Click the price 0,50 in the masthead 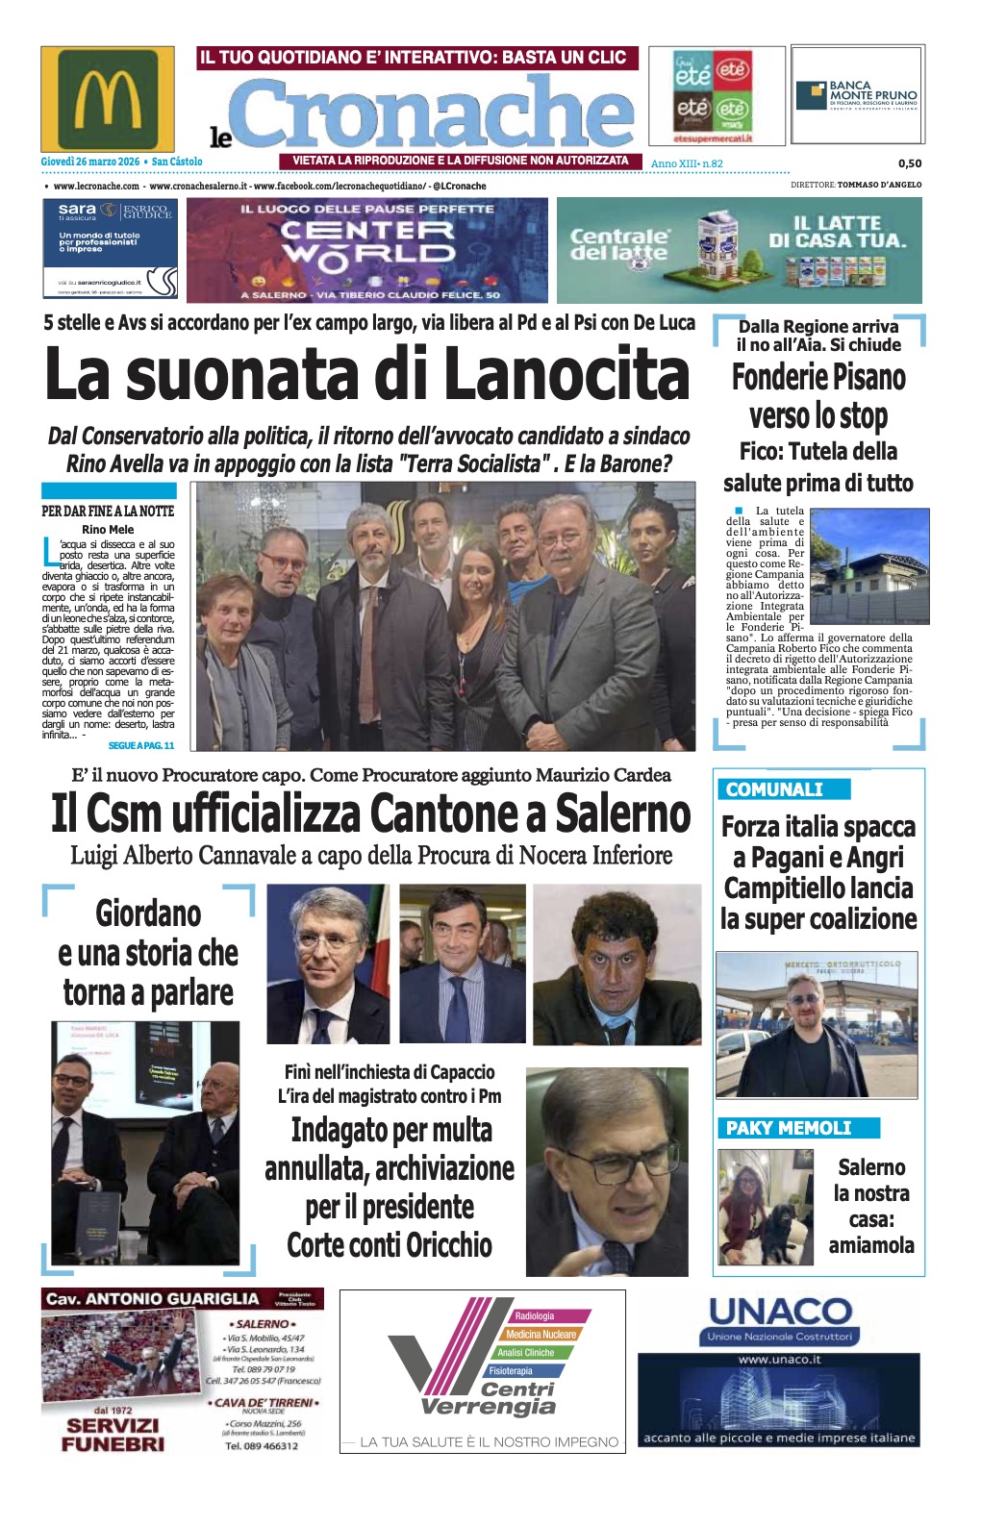coord(909,163)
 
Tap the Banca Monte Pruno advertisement coord(857,96)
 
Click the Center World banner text coord(366,242)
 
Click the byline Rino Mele coord(108,530)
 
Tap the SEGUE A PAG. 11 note coord(141,745)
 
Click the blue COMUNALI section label coord(774,789)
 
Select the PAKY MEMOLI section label coord(789,1128)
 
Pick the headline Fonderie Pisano coord(818,377)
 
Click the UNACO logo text coord(780,1312)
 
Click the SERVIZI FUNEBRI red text coord(113,1434)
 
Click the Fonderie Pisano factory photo coord(869,565)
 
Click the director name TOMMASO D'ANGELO coord(879,185)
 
